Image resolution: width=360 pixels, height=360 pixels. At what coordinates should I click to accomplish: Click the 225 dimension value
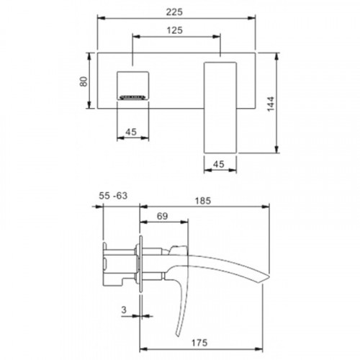[174, 12]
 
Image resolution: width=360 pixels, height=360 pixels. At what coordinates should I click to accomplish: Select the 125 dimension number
[175, 30]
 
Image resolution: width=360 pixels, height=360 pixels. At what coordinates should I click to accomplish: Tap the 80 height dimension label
[84, 81]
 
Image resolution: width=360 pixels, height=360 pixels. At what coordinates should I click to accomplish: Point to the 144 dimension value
[271, 104]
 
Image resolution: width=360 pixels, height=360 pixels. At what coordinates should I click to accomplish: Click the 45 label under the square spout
[131, 132]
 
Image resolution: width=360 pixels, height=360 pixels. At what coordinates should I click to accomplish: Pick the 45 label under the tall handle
[219, 164]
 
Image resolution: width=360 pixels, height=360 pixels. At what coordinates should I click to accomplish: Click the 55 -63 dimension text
[113, 196]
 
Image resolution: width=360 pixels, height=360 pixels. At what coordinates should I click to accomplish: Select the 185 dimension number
[203, 201]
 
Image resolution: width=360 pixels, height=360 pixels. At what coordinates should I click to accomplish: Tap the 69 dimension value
[163, 216]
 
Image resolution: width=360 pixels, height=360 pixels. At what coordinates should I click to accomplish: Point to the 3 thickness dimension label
[124, 310]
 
